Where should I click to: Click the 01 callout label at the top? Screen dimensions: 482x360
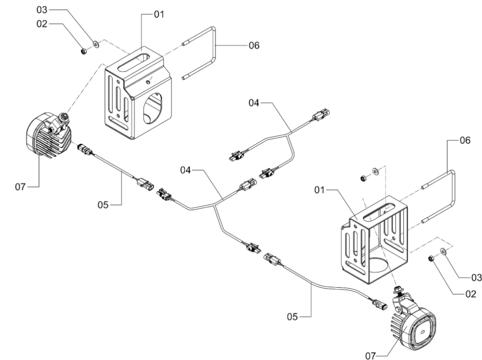(159, 14)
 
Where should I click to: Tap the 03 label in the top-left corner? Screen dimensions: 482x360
(42, 10)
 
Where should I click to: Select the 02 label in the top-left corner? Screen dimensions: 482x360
(42, 24)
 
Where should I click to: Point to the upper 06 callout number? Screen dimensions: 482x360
(254, 45)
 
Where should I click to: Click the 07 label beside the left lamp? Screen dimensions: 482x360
(21, 187)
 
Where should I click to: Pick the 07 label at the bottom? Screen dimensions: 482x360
(371, 356)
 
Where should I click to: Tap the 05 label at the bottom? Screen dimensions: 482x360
(293, 317)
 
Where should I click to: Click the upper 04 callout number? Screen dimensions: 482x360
(254, 103)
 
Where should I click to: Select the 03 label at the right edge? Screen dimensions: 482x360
(477, 278)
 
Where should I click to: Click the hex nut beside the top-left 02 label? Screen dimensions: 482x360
(83, 51)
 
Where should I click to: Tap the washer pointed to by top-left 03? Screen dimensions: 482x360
(96, 44)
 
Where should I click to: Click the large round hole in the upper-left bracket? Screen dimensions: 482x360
(152, 108)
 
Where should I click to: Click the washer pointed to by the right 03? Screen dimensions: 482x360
(444, 251)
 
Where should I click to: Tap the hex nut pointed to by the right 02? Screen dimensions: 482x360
(431, 259)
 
